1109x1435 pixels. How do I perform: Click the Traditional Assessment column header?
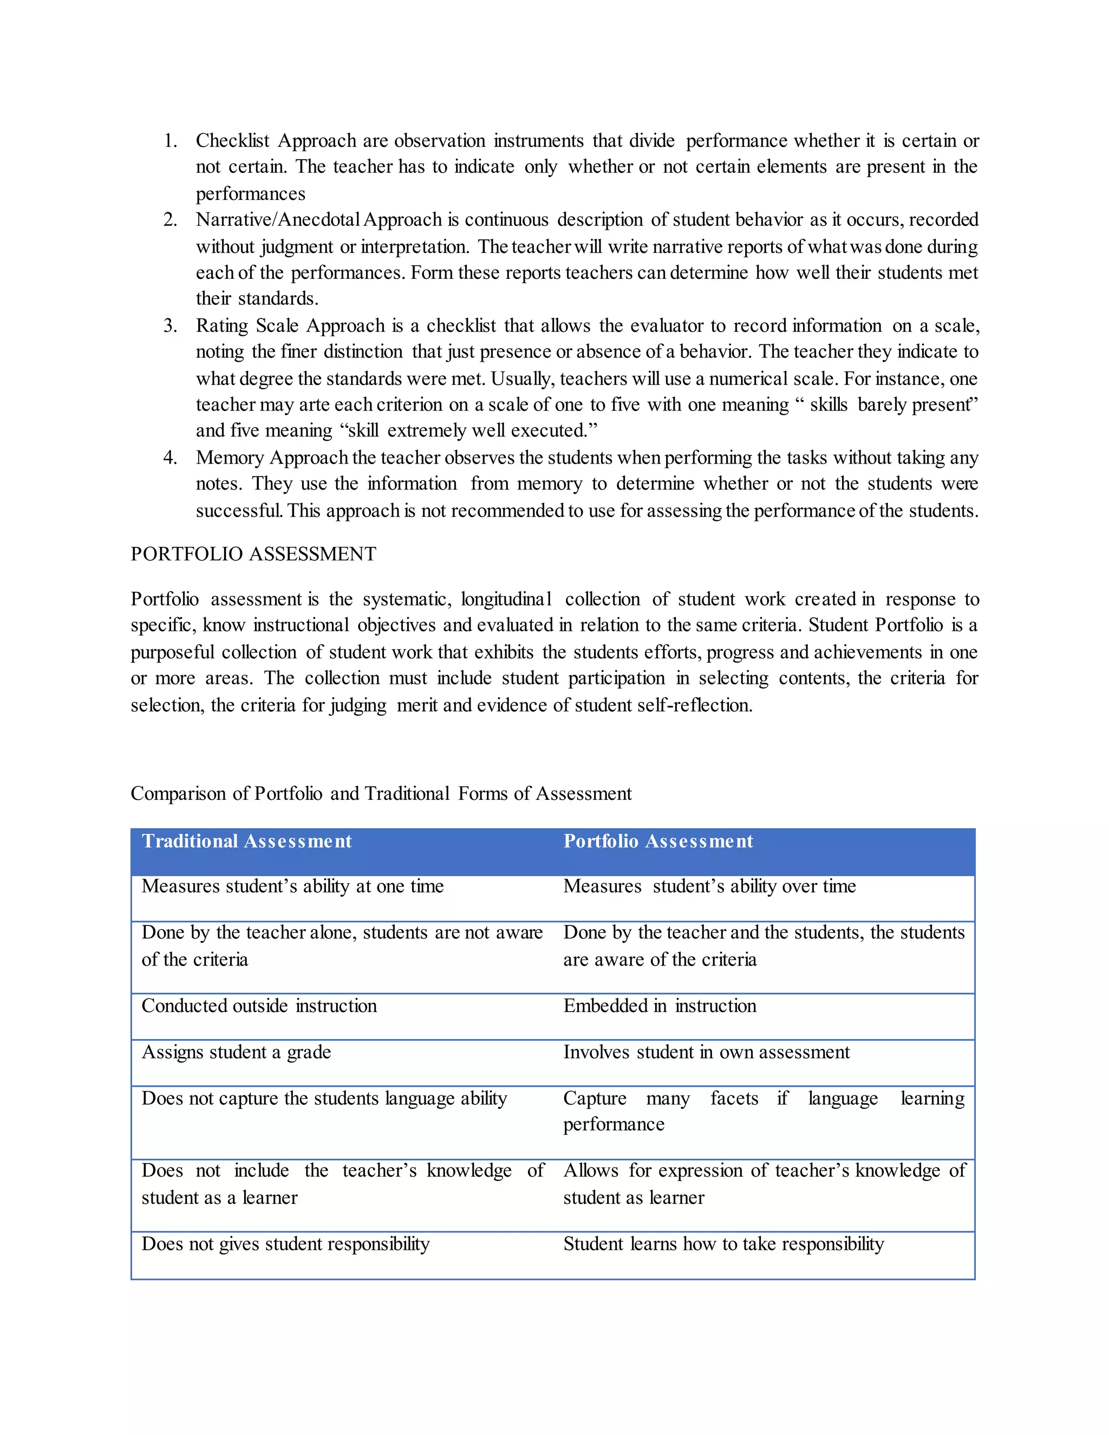pos(246,842)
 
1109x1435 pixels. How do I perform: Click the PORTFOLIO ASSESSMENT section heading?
pos(253,554)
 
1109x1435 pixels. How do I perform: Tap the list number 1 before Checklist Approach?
pos(170,141)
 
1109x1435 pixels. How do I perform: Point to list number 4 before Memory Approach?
pos(170,458)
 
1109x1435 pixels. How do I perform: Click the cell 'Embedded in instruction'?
pos(660,1006)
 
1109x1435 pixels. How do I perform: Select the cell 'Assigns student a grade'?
pos(236,1053)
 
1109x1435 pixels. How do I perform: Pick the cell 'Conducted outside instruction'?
pos(259,1006)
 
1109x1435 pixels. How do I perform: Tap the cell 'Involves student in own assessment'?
pos(706,1053)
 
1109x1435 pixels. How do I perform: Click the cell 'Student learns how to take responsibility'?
pos(723,1244)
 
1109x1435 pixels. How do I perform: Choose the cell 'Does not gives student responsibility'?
pos(285,1244)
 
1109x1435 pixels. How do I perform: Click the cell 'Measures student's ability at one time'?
pos(292,886)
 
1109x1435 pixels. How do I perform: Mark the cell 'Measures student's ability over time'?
pos(709,886)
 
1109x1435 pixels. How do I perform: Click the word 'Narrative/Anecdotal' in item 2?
pos(278,219)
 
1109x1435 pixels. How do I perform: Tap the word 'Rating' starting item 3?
pos(221,326)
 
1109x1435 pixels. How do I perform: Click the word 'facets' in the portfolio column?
pos(734,1099)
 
